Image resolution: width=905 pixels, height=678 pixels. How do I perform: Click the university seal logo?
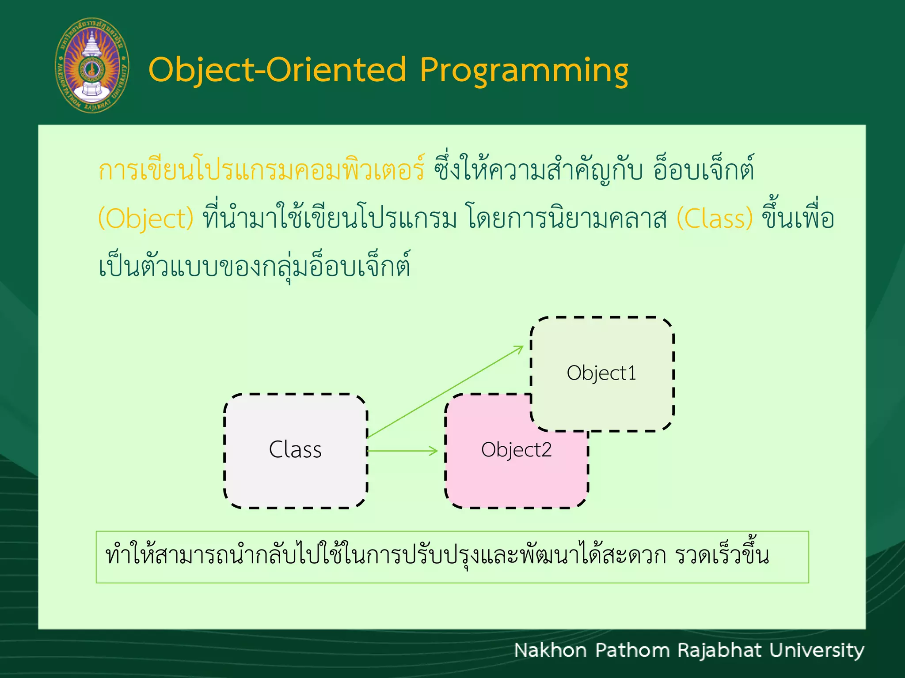click(x=92, y=65)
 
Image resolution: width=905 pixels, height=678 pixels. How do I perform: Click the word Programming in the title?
click(x=524, y=71)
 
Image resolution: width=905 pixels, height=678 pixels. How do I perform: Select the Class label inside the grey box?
click(x=295, y=450)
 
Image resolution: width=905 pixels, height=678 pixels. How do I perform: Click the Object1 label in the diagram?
click(x=601, y=373)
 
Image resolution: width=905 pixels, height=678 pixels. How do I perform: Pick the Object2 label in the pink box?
click(x=516, y=450)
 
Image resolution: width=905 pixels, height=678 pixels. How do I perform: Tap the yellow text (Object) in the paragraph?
click(x=146, y=218)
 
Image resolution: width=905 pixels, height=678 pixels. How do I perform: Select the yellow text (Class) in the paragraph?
click(x=715, y=218)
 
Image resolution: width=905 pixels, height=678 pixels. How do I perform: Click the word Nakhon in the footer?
click(x=550, y=651)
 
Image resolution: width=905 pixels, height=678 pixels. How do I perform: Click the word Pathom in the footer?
click(x=632, y=651)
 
